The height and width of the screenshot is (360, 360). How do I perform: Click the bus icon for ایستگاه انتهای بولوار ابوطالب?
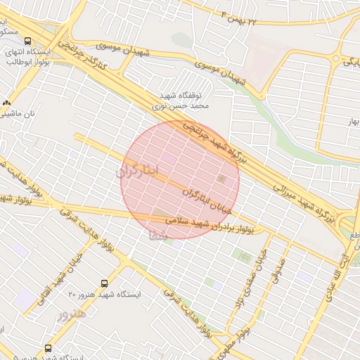(29, 41)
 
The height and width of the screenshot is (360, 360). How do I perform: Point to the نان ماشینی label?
(21, 112)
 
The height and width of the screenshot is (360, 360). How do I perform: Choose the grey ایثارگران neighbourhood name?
(138, 171)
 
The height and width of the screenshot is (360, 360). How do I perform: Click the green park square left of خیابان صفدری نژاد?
(243, 257)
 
